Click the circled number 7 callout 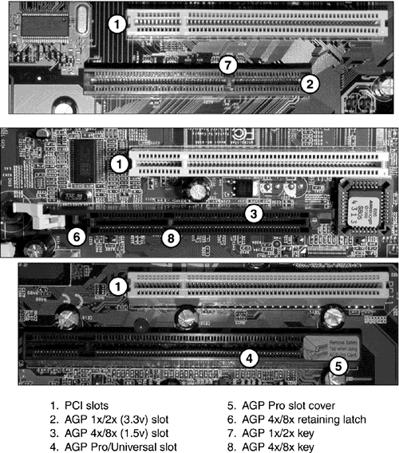tap(228, 65)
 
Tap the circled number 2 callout tap(310, 84)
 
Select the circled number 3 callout tap(254, 214)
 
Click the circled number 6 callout tap(77, 237)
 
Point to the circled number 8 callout tap(171, 238)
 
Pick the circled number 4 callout tap(249, 359)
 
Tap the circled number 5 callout tap(338, 366)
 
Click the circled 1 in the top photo tap(117, 24)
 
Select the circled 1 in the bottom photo tap(117, 287)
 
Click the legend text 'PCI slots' tap(86, 406)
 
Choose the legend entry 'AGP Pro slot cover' tap(289, 406)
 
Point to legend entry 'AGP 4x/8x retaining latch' tap(304, 420)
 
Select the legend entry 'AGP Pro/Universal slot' tap(120, 447)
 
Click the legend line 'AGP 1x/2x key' tap(278, 433)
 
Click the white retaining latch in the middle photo tap(39, 216)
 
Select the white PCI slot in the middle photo tap(259, 163)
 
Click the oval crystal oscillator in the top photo tap(82, 19)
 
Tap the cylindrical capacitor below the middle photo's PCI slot tap(199, 191)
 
